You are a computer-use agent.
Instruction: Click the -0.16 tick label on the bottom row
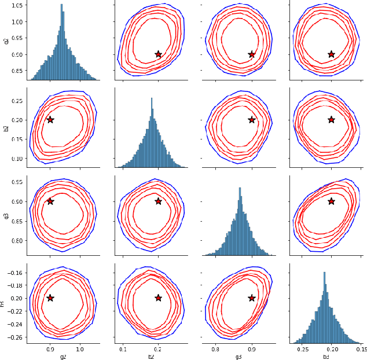13,273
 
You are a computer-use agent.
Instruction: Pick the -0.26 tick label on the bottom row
13,337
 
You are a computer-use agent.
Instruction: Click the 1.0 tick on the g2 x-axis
80,349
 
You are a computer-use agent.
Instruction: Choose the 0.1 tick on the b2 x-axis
123,349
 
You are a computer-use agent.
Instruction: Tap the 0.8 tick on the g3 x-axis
215,349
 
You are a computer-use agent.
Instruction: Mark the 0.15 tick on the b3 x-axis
361,349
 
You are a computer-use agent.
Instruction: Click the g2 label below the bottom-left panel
63,357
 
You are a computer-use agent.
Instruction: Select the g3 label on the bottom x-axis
238,357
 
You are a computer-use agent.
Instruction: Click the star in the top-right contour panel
331,54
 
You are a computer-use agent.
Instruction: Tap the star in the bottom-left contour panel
50,298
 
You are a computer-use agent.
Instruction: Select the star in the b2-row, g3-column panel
252,120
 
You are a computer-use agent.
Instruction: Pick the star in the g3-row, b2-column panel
158,201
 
